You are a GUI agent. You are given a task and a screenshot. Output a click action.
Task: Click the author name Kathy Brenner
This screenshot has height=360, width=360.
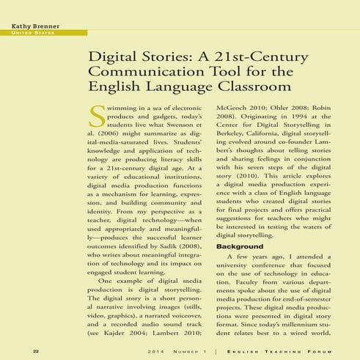(34, 26)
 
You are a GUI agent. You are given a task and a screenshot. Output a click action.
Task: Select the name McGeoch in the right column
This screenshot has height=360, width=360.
(235, 106)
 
